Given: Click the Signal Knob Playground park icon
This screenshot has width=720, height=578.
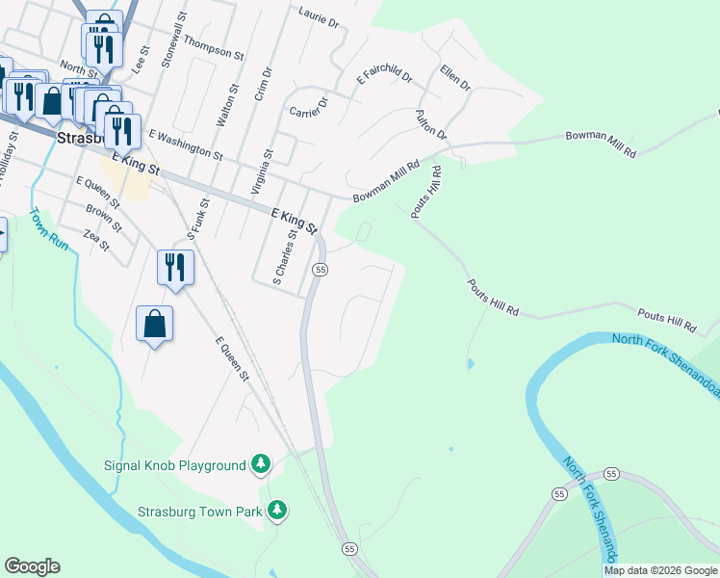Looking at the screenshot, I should tap(260, 465).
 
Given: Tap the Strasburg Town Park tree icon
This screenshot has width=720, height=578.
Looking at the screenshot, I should tap(277, 509).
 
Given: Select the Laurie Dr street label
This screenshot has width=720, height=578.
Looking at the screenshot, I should tap(320, 18).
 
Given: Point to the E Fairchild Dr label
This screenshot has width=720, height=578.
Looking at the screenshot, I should tap(384, 72).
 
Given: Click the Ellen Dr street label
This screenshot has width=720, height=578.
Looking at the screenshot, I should tap(454, 77).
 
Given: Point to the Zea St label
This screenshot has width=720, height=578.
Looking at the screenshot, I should tap(98, 239).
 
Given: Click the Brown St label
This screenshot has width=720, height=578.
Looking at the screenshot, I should tap(103, 219).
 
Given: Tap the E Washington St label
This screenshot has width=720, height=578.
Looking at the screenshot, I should tap(185, 146).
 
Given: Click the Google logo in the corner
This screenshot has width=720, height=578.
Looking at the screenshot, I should tap(32, 566).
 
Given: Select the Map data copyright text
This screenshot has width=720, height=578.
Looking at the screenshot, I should tap(660, 570).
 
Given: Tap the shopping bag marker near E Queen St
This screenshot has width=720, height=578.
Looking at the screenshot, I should tap(154, 326).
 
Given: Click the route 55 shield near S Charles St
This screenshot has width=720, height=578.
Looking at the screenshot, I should tap(321, 270).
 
